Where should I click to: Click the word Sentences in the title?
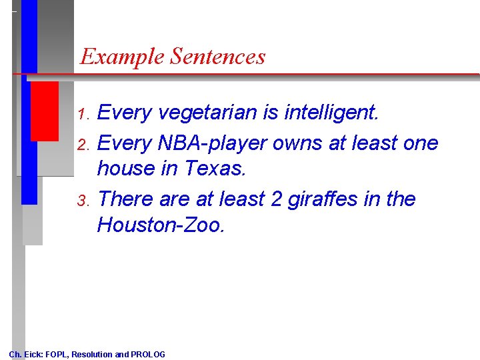click(217, 57)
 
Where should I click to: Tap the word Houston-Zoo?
click(161, 225)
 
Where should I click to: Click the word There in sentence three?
click(125, 199)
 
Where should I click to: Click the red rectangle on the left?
click(45, 111)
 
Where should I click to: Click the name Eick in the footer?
click(33, 354)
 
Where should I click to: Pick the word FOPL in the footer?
click(57, 354)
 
